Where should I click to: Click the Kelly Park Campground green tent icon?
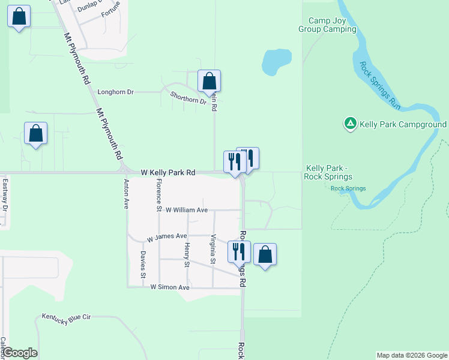350,124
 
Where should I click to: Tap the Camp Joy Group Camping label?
328,25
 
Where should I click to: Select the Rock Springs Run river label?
380,85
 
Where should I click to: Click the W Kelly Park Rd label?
168,172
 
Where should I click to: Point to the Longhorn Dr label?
115,92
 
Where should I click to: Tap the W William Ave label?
186,210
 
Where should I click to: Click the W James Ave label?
167,238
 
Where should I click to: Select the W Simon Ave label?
170,287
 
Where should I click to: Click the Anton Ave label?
126,193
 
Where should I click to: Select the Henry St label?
187,256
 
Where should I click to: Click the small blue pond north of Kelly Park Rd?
276,61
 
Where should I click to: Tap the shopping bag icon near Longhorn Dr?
209,82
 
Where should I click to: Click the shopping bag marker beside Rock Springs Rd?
265,255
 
